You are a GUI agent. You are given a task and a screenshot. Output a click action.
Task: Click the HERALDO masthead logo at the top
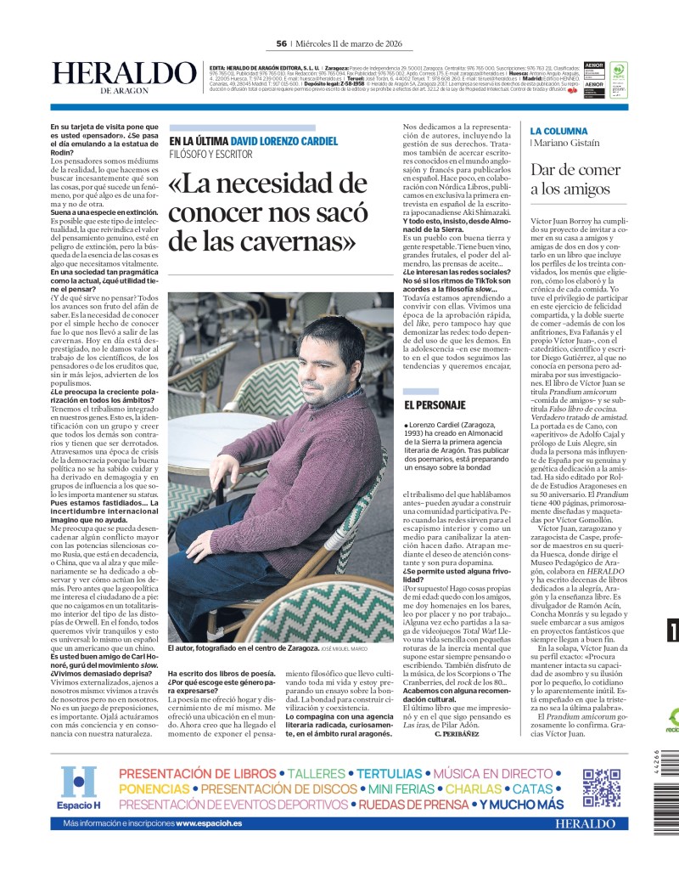tap(124, 75)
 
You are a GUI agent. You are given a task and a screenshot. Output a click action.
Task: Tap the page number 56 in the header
tap(281, 44)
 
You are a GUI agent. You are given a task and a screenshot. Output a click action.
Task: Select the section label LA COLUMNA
tap(558, 131)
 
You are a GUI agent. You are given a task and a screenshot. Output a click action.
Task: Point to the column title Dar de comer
tap(577, 168)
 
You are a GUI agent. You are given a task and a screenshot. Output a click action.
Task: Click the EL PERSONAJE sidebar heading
tap(435, 406)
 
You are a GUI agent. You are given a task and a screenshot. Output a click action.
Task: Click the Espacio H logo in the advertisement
tap(79, 788)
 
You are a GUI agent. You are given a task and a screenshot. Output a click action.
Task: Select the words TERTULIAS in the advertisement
tap(389, 774)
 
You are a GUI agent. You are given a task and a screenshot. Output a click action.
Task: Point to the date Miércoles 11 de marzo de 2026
tap(348, 44)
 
